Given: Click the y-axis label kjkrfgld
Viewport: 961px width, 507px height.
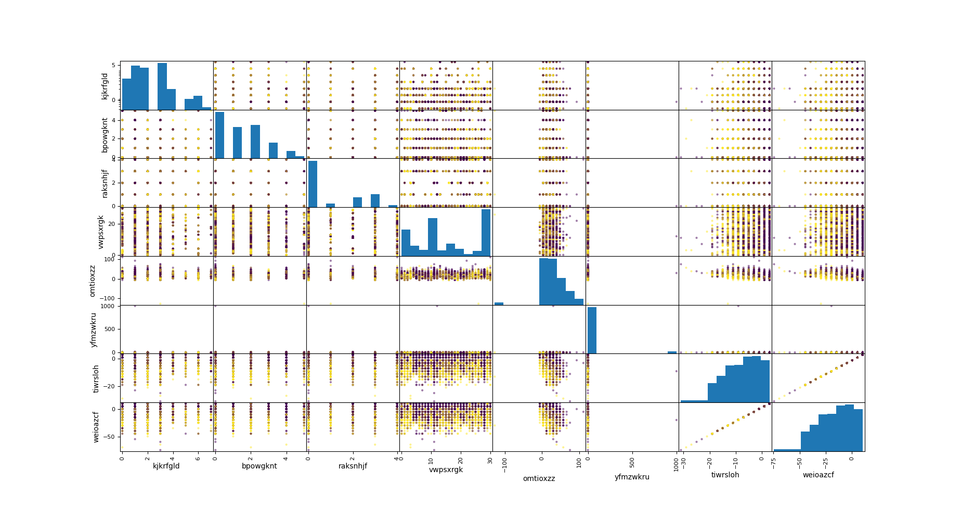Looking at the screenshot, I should click(x=105, y=86).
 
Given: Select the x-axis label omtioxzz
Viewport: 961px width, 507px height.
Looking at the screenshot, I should click(x=539, y=478).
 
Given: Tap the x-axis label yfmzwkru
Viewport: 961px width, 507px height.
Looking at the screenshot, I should click(x=632, y=477).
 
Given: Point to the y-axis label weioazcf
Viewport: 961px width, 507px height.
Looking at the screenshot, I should click(x=96, y=427).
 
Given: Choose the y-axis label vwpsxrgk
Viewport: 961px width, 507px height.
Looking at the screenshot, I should click(x=101, y=232).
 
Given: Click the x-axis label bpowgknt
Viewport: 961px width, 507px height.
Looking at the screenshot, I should click(x=259, y=466).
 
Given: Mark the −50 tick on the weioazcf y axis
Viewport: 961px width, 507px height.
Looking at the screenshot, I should click(x=110, y=437).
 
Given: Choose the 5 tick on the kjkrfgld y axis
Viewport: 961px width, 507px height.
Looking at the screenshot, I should click(x=113, y=65).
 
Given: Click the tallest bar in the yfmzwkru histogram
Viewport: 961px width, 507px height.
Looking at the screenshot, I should click(x=592, y=330).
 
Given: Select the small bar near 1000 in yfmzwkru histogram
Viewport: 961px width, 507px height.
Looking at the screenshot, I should click(x=672, y=352).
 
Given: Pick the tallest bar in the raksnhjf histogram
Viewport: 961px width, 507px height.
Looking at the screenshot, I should click(x=313, y=184).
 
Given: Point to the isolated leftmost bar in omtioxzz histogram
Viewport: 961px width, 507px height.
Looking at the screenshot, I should click(x=499, y=303).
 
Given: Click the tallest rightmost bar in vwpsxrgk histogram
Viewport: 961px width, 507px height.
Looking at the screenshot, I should click(x=486, y=232).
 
